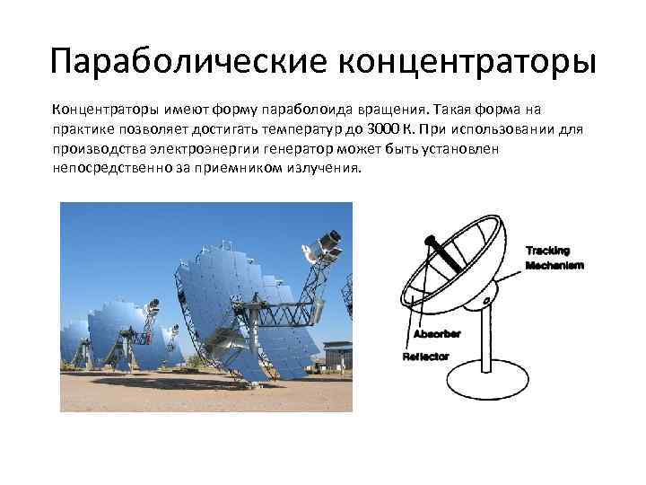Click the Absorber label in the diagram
[x=436, y=334]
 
